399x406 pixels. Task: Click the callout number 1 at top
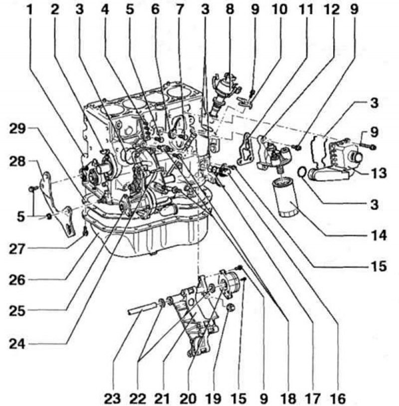click(x=30, y=10)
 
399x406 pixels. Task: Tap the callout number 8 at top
click(x=230, y=10)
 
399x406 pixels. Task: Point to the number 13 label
click(x=379, y=173)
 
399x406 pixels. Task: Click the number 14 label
click(x=379, y=235)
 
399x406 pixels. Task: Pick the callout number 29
click(x=17, y=129)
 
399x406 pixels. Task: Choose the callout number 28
click(x=17, y=162)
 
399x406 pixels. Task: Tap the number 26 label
click(x=17, y=280)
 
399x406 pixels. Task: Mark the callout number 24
click(x=17, y=344)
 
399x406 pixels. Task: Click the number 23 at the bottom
click(x=112, y=398)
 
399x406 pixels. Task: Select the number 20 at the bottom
click(x=188, y=398)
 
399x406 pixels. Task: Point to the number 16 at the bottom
click(x=338, y=398)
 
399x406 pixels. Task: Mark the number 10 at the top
click(x=280, y=10)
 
